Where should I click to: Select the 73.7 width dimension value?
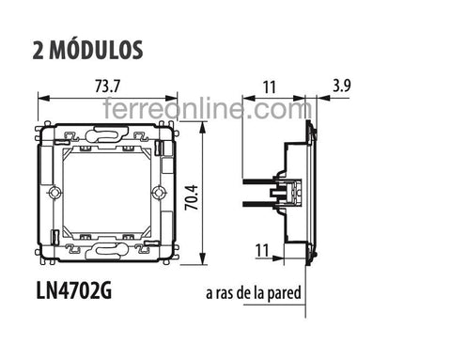[107, 86]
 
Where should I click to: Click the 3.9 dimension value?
[342, 86]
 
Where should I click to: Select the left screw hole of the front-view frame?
[54, 194]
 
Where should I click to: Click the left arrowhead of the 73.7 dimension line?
[39, 98]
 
